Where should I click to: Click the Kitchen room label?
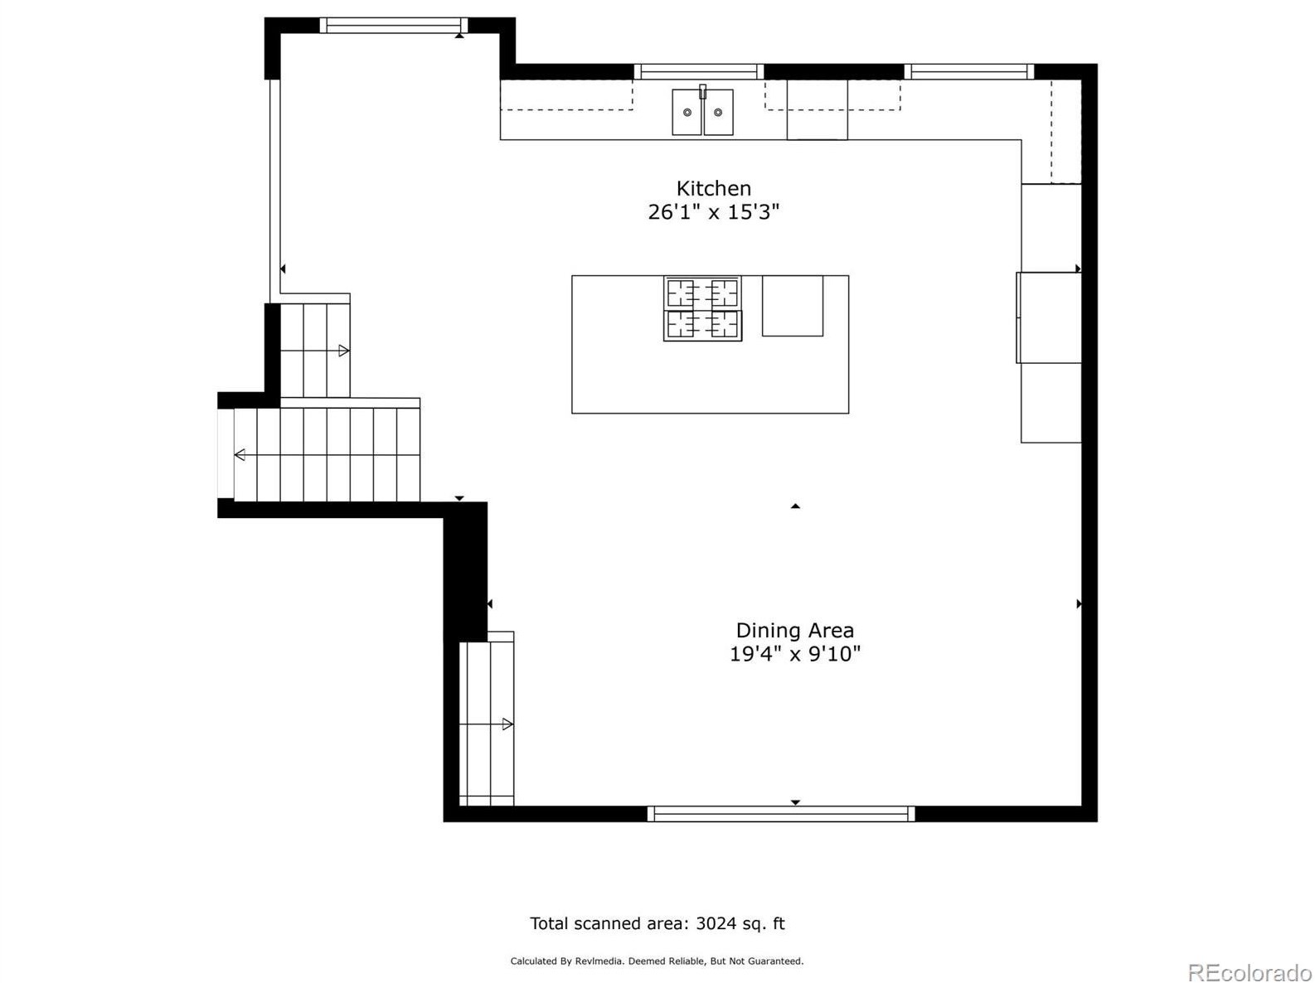(713, 188)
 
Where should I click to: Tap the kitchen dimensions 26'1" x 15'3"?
(713, 212)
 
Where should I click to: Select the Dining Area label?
(794, 631)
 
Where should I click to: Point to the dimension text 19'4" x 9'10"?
(794, 654)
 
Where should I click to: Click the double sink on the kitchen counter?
(702, 113)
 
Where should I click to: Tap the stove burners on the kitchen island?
(702, 309)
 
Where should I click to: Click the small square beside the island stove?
(792, 306)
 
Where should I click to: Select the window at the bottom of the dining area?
(780, 814)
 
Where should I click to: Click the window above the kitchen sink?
(699, 72)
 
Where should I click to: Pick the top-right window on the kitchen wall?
(968, 72)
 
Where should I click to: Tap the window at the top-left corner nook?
(393, 26)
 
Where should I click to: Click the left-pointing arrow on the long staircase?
(240, 454)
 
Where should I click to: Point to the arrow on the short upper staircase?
(343, 351)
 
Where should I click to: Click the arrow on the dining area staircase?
(507, 724)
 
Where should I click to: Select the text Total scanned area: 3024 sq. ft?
(657, 923)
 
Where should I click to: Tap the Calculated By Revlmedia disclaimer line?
(657, 961)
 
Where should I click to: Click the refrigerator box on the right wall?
(1050, 317)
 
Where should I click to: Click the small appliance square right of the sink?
(817, 110)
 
